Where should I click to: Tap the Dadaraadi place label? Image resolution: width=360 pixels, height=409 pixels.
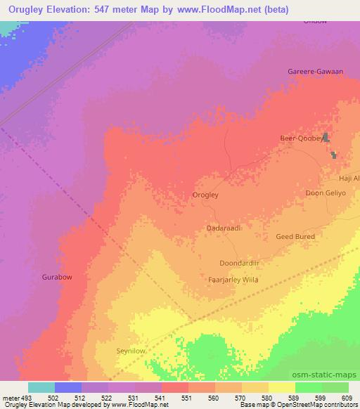click(x=224, y=228)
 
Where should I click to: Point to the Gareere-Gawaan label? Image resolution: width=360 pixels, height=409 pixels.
click(x=315, y=72)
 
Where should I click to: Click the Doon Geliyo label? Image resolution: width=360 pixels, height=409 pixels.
click(x=327, y=193)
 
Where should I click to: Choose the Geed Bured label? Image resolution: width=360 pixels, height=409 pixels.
click(x=295, y=237)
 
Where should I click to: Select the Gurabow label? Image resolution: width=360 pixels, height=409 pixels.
click(x=57, y=277)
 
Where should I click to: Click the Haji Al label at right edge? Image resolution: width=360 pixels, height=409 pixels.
click(x=349, y=178)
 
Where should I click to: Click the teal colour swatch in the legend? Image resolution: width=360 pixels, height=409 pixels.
click(x=41, y=387)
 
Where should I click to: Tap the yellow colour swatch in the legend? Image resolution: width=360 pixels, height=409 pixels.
click(x=281, y=387)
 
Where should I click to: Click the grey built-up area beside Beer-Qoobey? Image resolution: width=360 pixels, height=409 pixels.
click(x=328, y=138)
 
